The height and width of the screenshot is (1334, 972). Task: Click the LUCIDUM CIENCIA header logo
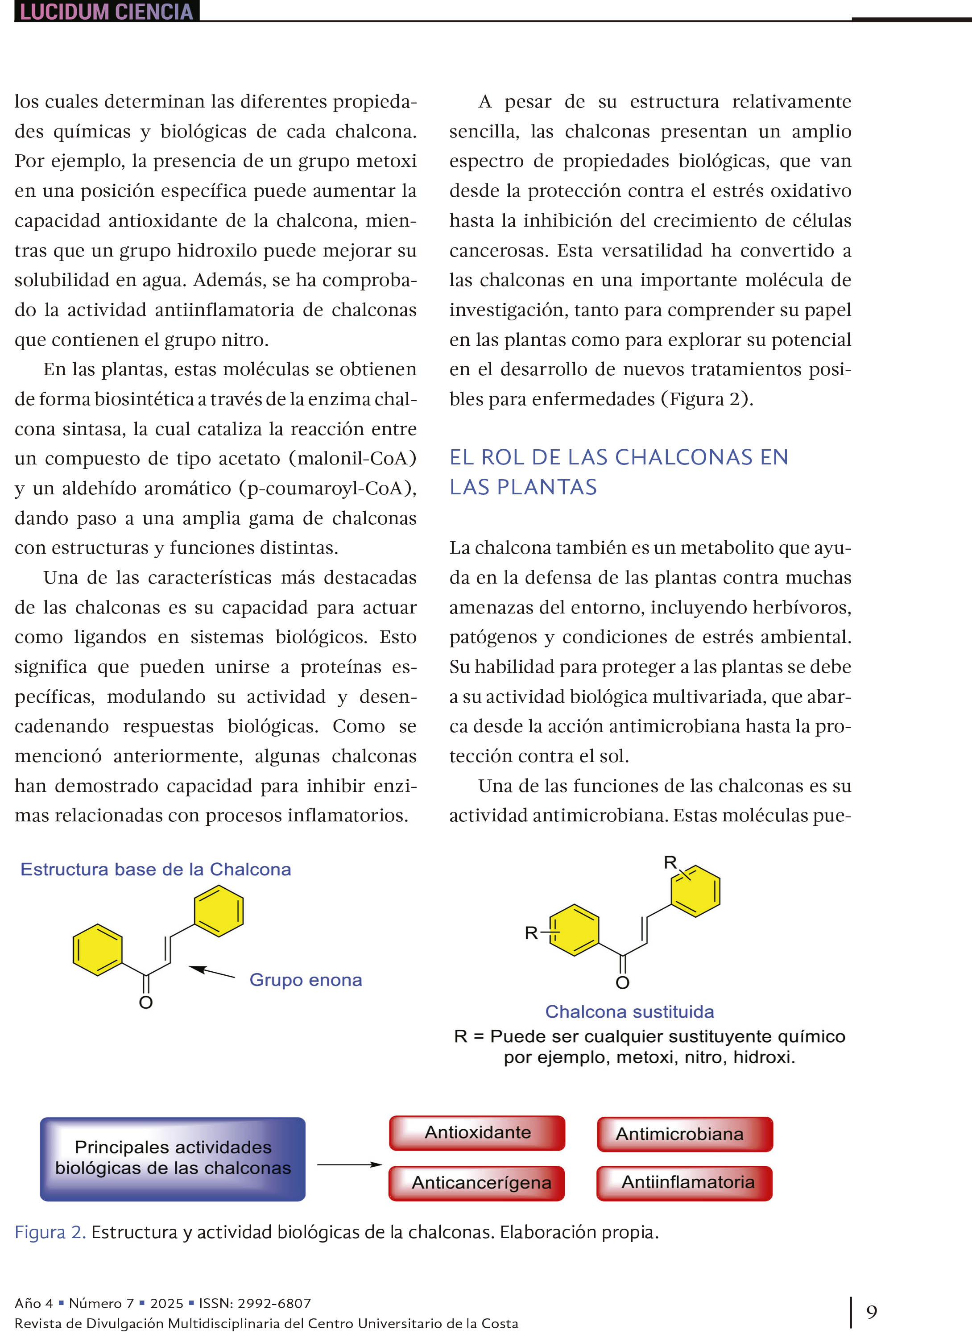[107, 11]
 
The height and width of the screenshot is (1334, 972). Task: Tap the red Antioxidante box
[477, 1132]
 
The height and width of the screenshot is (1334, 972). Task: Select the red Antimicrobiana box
[685, 1134]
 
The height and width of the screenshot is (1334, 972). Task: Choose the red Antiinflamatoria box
[685, 1182]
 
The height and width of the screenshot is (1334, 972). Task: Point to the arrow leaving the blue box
[349, 1164]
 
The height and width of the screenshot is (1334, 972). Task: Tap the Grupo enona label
[306, 980]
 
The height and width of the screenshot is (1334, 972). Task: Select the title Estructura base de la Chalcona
[155, 869]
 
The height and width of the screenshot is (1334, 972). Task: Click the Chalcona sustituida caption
[629, 1011]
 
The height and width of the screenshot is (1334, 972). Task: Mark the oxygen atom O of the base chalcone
[146, 1002]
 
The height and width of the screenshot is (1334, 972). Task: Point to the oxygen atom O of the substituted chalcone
[623, 982]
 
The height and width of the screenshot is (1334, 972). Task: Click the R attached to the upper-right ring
[670, 863]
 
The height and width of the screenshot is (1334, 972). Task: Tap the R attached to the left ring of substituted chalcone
[531, 932]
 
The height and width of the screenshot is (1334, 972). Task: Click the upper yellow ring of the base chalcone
[218, 911]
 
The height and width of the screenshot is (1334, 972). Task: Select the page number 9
[871, 1312]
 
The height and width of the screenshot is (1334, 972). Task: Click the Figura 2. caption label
[50, 1232]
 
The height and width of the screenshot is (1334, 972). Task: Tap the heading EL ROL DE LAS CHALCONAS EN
[618, 457]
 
